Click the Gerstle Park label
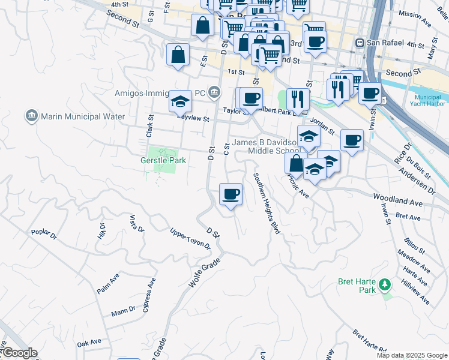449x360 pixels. [163, 160]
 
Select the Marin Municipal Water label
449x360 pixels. [82, 116]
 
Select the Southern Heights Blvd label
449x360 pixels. [267, 203]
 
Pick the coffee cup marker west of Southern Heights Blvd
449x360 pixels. [231, 194]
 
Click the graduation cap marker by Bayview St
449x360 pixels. [179, 101]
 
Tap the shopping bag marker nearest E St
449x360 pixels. [178, 55]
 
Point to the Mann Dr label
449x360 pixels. [124, 312]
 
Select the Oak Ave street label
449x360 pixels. [89, 341]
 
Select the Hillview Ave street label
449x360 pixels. [415, 290]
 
